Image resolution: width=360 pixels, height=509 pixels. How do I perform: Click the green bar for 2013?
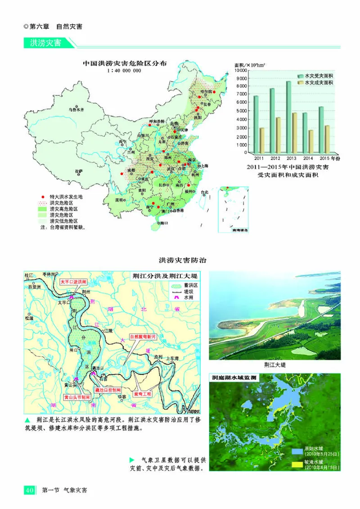pos(288,117)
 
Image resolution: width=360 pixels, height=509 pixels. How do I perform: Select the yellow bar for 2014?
pos(310,141)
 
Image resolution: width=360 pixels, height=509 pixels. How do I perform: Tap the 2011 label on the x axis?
pos(259,158)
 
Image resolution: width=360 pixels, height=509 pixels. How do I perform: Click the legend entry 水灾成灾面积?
pos(318,83)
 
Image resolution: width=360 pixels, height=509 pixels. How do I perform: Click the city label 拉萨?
pos(79,171)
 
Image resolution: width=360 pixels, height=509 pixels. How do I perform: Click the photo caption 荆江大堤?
pos(275,365)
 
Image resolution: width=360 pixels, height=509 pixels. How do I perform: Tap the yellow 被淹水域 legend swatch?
pos(297,464)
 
